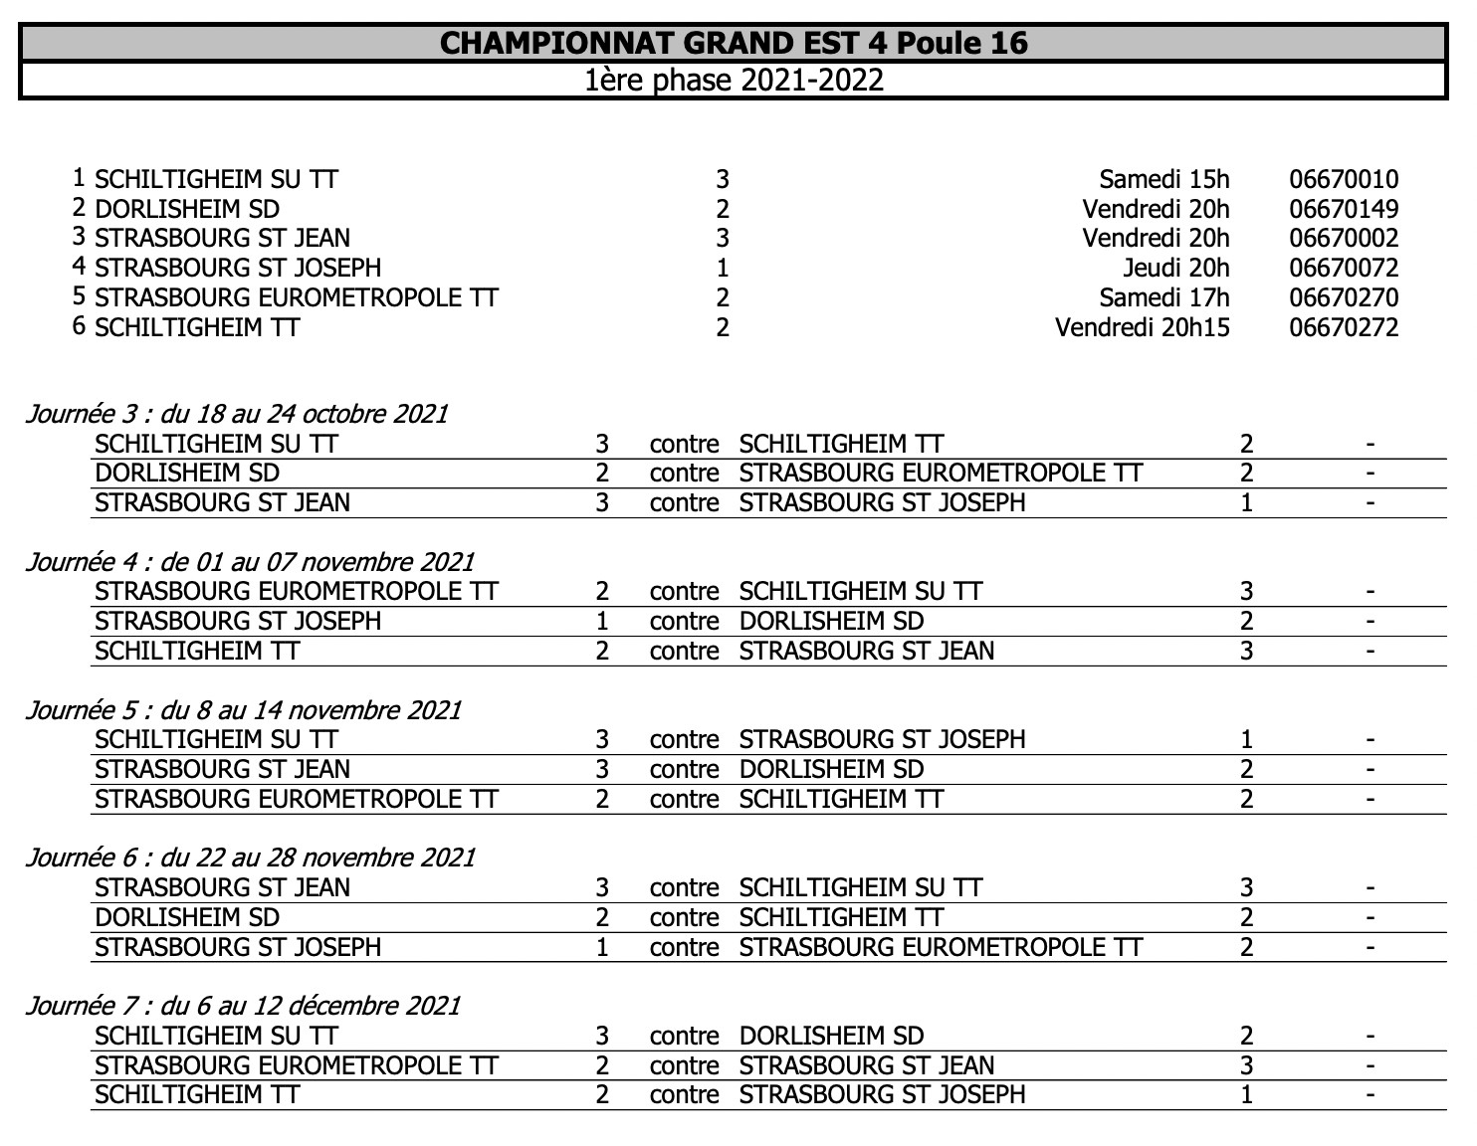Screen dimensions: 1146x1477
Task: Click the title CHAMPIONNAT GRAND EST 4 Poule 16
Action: click(x=734, y=43)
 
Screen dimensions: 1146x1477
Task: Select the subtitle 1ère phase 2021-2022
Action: click(x=734, y=80)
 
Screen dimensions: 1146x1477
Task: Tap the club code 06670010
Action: click(x=1344, y=180)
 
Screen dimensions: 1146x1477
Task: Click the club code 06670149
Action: click(x=1344, y=210)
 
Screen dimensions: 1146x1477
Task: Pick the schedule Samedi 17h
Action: click(x=1164, y=298)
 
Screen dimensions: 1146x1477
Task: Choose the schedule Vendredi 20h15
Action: click(x=1142, y=328)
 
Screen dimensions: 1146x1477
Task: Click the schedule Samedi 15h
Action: click(x=1164, y=180)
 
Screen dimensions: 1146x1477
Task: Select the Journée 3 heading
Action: click(x=237, y=414)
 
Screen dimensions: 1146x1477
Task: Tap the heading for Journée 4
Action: click(x=250, y=562)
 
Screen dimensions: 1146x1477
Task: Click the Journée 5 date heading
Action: click(x=244, y=710)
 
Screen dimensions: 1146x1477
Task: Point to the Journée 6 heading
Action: click(x=250, y=858)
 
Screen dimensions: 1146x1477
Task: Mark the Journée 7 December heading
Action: click(x=243, y=1006)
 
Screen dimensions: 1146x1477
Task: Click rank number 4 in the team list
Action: click(x=79, y=267)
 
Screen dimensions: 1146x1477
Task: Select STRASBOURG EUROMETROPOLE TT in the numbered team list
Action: click(x=296, y=298)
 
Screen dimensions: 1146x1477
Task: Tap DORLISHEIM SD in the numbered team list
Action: click(x=187, y=210)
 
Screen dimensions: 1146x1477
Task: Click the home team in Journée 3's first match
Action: click(x=216, y=444)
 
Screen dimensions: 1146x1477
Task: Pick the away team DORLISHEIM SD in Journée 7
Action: click(x=831, y=1037)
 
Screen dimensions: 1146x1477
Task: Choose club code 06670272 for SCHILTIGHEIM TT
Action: click(x=1344, y=328)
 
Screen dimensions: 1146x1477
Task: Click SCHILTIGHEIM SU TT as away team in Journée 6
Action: click(x=860, y=888)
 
